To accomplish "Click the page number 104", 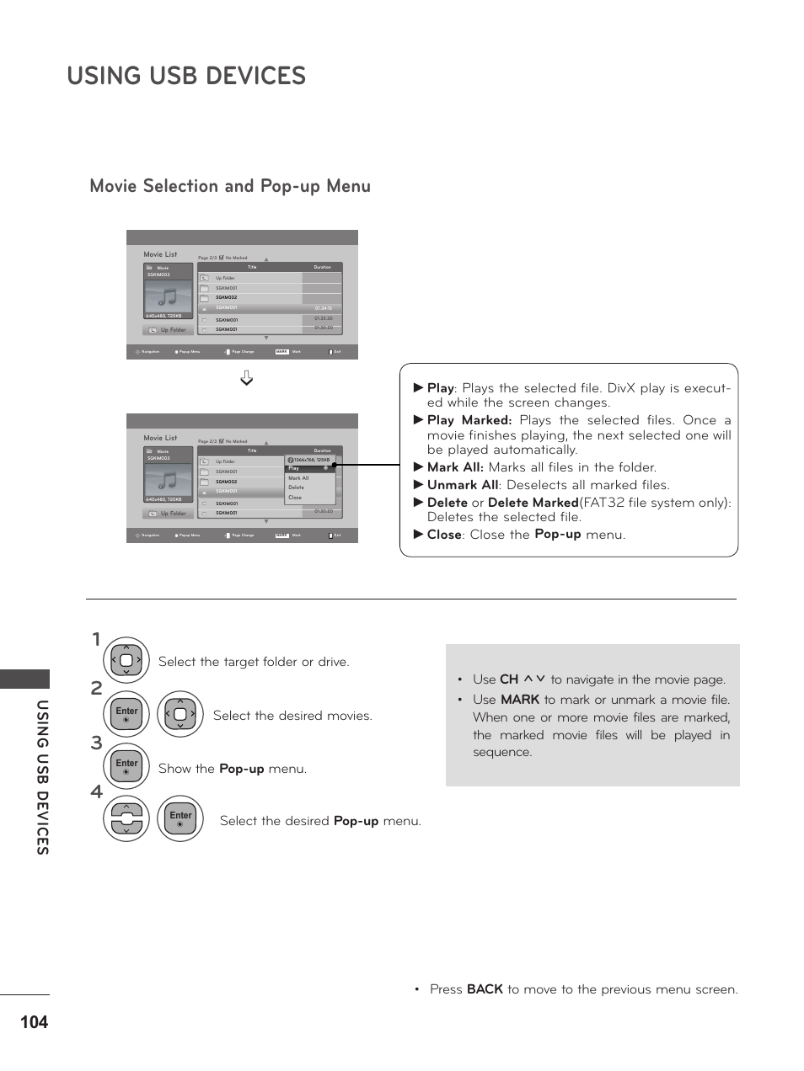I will [34, 1022].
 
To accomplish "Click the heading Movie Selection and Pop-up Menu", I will [230, 186].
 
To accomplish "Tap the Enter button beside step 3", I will [126, 766].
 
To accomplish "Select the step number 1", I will [96, 640].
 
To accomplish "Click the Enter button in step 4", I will [180, 818].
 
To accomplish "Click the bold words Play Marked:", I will [469, 420].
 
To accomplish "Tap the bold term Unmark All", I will [462, 485].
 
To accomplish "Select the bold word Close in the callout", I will [444, 535].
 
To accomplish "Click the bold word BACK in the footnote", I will [485, 989].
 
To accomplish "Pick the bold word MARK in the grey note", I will [519, 700].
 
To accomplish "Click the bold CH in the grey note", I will [508, 679].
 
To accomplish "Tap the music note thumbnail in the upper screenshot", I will [168, 296].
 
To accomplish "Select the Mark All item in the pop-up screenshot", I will [298, 478].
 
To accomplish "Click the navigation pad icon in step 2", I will [180, 714].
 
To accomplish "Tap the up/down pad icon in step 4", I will [126, 818].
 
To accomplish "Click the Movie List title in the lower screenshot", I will [160, 438].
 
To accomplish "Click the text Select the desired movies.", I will [292, 716].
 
